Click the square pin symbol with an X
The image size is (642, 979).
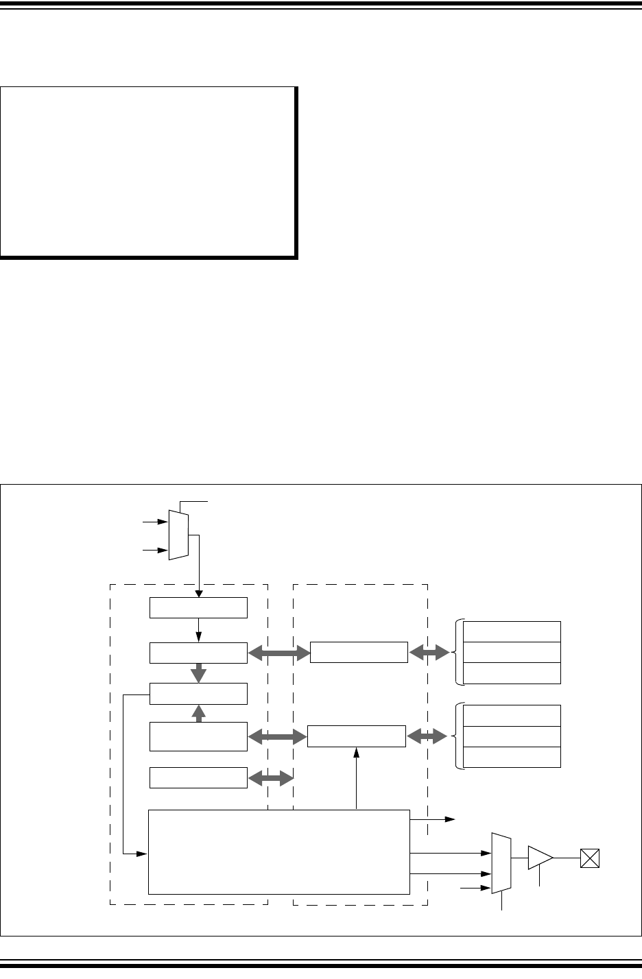point(590,858)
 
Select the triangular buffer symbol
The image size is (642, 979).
point(540,858)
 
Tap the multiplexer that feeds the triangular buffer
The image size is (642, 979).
point(501,863)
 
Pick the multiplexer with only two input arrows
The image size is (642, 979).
point(178,535)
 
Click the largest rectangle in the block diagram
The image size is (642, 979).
point(279,852)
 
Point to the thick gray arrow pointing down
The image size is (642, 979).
point(199,673)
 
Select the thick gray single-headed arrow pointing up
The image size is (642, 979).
point(199,714)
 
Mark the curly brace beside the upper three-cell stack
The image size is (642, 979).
point(457,652)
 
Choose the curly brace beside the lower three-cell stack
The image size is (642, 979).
point(457,736)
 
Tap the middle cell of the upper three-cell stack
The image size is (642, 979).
point(512,652)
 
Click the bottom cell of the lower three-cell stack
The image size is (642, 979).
point(512,757)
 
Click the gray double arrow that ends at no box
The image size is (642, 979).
point(270,778)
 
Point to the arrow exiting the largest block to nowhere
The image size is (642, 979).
point(432,819)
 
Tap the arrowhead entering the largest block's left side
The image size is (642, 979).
point(143,854)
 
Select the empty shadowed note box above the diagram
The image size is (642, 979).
point(149,171)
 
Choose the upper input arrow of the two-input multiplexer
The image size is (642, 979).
point(154,522)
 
